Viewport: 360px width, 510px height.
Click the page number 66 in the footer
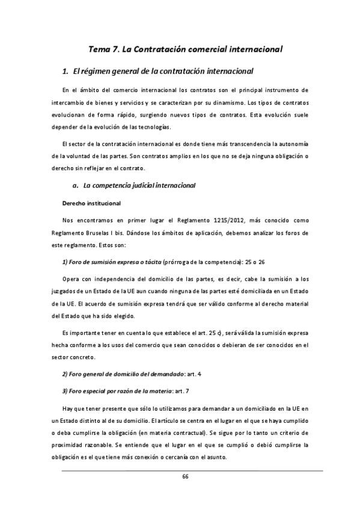click(x=185, y=476)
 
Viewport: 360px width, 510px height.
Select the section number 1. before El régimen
click(x=65, y=72)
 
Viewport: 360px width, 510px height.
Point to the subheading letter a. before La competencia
click(x=75, y=185)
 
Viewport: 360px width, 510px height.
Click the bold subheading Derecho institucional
click(x=92, y=203)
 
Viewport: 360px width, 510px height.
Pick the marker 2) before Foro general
click(x=66, y=375)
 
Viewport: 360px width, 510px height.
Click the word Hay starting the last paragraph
click(x=67, y=410)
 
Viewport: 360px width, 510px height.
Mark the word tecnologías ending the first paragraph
click(x=154, y=127)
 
